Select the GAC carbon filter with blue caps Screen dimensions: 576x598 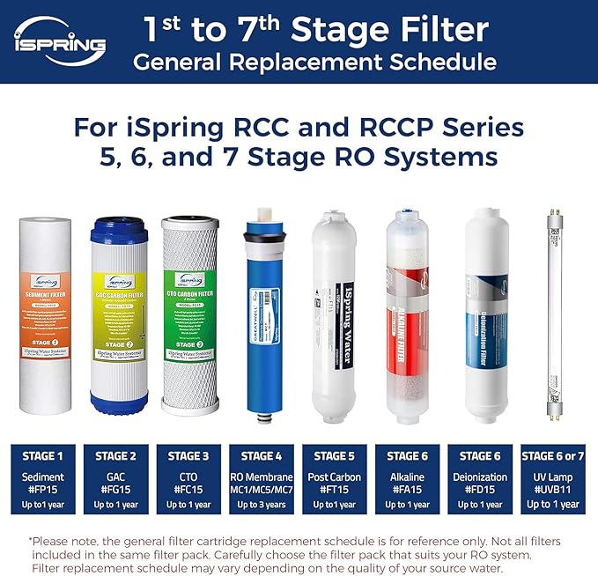click(x=123, y=315)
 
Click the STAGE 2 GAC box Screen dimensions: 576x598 click(x=115, y=479)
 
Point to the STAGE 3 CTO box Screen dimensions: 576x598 click(x=188, y=479)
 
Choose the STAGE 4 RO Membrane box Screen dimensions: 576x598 click(x=262, y=479)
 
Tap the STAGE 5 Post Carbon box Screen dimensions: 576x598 click(x=335, y=479)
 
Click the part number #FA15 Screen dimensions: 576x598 click(x=407, y=491)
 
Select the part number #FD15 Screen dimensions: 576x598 click(x=480, y=491)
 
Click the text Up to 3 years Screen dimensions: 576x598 click(x=262, y=505)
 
